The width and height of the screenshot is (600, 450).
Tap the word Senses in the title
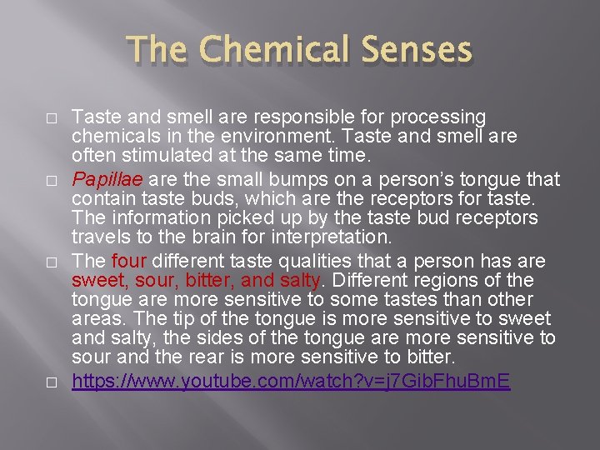pyautogui.click(x=414, y=51)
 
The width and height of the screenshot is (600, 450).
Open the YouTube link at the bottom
pyautogui.click(x=291, y=382)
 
